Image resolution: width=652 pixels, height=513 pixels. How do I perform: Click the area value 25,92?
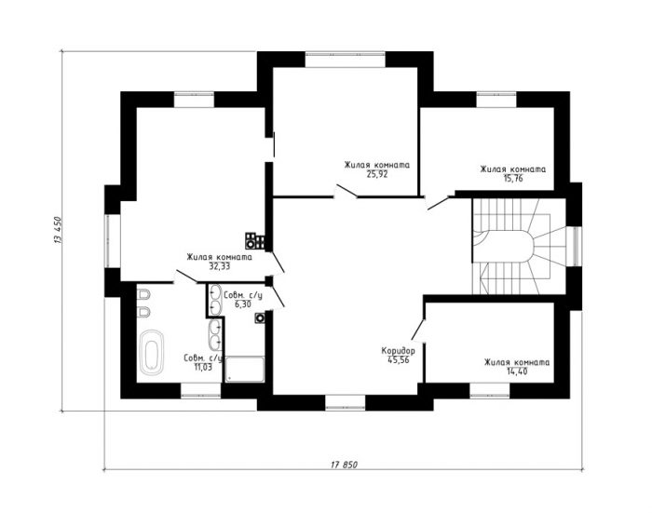(x=376, y=175)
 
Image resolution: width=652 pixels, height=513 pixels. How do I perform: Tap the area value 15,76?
(x=512, y=179)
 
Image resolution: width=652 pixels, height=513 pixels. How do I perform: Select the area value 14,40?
(x=517, y=371)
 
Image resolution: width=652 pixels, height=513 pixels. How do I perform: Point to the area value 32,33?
(x=220, y=266)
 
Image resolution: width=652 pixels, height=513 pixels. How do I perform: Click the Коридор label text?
(x=398, y=351)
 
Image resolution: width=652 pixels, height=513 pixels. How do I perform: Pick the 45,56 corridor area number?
(x=399, y=360)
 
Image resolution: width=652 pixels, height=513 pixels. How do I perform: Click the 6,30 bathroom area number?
(x=243, y=304)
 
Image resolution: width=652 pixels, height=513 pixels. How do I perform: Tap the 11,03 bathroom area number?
(x=203, y=367)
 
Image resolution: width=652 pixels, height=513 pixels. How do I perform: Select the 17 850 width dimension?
(x=344, y=465)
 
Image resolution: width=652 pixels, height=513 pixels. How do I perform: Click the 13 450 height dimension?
(x=58, y=230)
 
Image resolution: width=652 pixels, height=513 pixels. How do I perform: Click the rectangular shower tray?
(x=245, y=370)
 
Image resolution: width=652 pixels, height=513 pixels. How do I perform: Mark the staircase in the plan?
(x=519, y=247)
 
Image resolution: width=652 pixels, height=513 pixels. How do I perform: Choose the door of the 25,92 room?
(x=346, y=191)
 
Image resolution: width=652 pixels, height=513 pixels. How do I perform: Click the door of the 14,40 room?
(x=418, y=330)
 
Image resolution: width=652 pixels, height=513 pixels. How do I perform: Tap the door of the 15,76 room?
(x=439, y=202)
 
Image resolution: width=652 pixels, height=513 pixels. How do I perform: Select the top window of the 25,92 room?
(x=346, y=59)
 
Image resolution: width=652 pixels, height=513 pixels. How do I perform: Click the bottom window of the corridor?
(x=346, y=402)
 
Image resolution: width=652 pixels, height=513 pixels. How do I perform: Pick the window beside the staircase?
(x=575, y=246)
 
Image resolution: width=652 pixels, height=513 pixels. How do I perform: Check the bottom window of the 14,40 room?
(x=490, y=391)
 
